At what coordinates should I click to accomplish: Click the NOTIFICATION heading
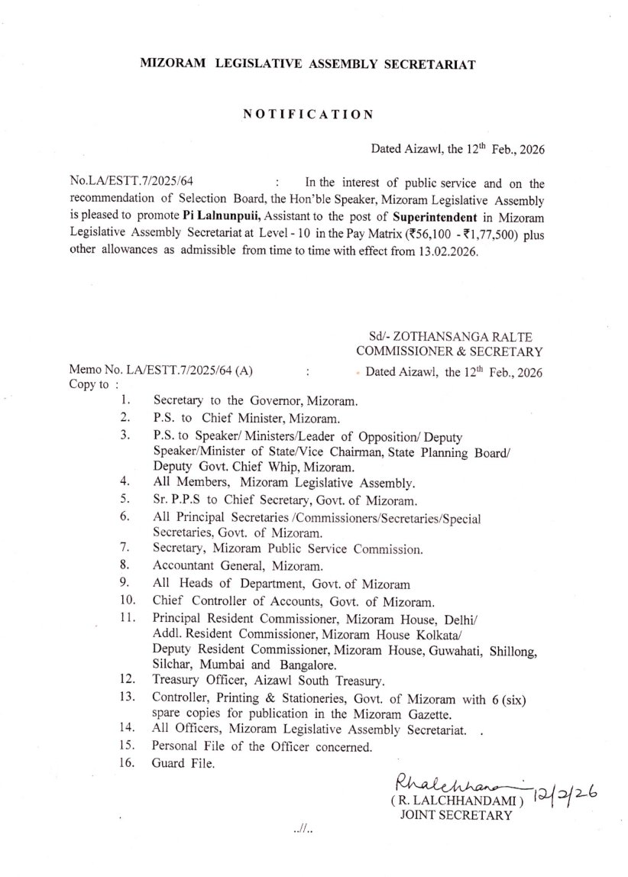308,115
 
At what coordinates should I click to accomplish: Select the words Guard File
184,762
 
